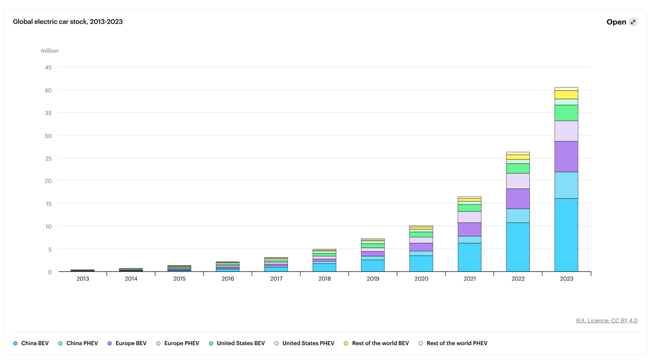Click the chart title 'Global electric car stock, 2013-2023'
click(x=67, y=22)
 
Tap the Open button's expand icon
click(x=633, y=22)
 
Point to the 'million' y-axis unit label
click(x=49, y=51)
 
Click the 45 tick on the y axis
click(x=48, y=67)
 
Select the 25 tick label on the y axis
click(x=48, y=159)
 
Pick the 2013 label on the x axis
click(x=83, y=279)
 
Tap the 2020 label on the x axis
click(x=421, y=279)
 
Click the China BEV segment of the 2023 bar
click(x=567, y=235)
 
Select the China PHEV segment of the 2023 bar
click(x=567, y=185)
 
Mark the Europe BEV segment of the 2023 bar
click(x=567, y=156)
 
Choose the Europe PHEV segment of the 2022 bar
click(x=518, y=181)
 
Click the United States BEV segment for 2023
click(x=567, y=113)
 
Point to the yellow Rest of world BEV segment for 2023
click(x=567, y=95)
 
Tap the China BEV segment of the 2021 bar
click(x=469, y=257)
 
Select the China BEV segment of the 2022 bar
click(x=518, y=247)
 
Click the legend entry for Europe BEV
click(x=127, y=343)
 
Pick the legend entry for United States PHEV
click(x=304, y=343)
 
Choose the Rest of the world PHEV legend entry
click(x=453, y=343)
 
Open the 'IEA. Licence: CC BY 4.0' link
click(x=607, y=320)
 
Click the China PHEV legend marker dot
click(x=60, y=343)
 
